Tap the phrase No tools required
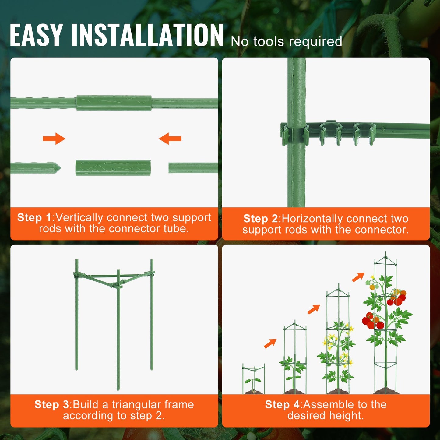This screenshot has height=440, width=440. (286, 41)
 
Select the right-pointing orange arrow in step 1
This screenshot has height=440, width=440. (54, 139)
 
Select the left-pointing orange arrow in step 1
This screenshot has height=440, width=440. (170, 139)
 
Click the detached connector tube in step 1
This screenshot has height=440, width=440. (113, 168)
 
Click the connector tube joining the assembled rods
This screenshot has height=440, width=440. (114, 103)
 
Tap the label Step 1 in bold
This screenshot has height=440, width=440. (34, 218)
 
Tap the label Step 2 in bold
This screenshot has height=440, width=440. (261, 219)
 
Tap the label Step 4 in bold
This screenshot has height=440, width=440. (282, 404)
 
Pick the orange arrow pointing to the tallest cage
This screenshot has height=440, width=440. (358, 277)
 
